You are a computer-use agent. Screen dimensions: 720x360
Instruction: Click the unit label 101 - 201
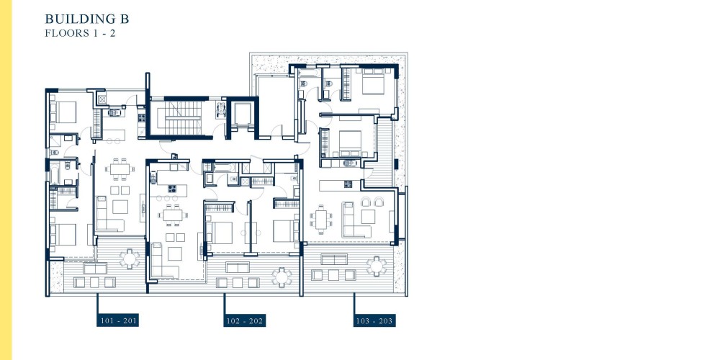[x=117, y=320]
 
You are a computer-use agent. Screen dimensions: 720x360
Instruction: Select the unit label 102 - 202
[x=245, y=320]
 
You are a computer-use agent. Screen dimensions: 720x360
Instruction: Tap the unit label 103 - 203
[x=374, y=320]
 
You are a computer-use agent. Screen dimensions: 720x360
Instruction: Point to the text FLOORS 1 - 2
[x=80, y=33]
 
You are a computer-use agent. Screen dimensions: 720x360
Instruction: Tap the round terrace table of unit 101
[x=130, y=258]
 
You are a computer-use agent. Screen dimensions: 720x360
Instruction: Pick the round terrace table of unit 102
[x=282, y=277]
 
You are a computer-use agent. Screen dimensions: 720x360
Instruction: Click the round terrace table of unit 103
[x=377, y=266]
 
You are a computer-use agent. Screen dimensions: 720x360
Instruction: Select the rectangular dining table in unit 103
[x=320, y=220]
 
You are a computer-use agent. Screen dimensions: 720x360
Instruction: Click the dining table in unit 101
[x=120, y=169]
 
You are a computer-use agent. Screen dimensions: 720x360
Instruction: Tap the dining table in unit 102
[x=173, y=215]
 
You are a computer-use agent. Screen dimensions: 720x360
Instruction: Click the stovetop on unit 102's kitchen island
[x=172, y=188]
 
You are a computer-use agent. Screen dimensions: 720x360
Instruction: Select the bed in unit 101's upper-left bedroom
[x=63, y=112]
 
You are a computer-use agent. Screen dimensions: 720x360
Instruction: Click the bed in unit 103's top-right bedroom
[x=373, y=82]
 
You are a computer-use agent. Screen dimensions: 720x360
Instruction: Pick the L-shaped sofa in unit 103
[x=354, y=220]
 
